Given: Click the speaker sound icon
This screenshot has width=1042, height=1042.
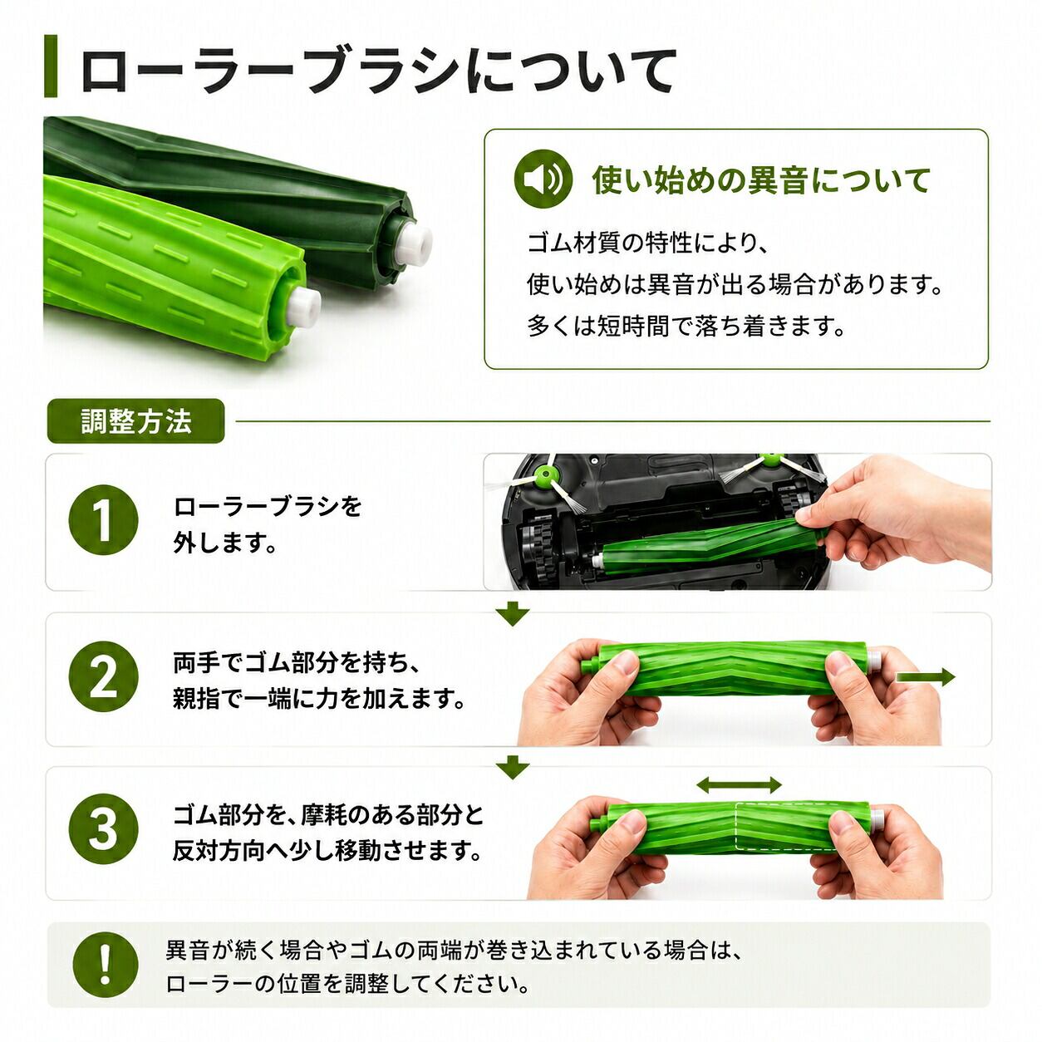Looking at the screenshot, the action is pyautogui.click(x=543, y=179).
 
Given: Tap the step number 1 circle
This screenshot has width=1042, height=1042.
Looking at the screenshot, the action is pyautogui.click(x=103, y=520).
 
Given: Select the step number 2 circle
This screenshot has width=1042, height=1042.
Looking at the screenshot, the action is pyautogui.click(x=103, y=676).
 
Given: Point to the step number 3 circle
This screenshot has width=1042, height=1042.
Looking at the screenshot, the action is pyautogui.click(x=103, y=828).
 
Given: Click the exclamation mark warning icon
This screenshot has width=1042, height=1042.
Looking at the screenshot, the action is pyautogui.click(x=106, y=965).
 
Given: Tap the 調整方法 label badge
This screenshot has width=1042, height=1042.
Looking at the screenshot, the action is pyautogui.click(x=135, y=421).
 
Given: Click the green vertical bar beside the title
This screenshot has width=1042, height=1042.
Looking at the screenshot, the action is pyautogui.click(x=51, y=66).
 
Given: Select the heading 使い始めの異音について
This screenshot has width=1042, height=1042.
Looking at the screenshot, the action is pyautogui.click(x=761, y=180).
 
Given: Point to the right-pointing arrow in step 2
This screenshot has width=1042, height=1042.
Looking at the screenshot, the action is pyautogui.click(x=926, y=677).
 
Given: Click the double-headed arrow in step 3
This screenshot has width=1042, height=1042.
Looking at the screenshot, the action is pyautogui.click(x=739, y=784).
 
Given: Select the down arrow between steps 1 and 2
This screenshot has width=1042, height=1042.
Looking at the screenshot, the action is pyautogui.click(x=514, y=615).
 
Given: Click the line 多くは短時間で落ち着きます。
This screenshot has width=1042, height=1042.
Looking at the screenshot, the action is pyautogui.click(x=686, y=326).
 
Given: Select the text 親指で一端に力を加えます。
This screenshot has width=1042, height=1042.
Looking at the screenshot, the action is pyautogui.click(x=319, y=699).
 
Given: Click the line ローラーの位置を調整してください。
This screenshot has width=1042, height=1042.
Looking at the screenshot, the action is pyautogui.click(x=347, y=984).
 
